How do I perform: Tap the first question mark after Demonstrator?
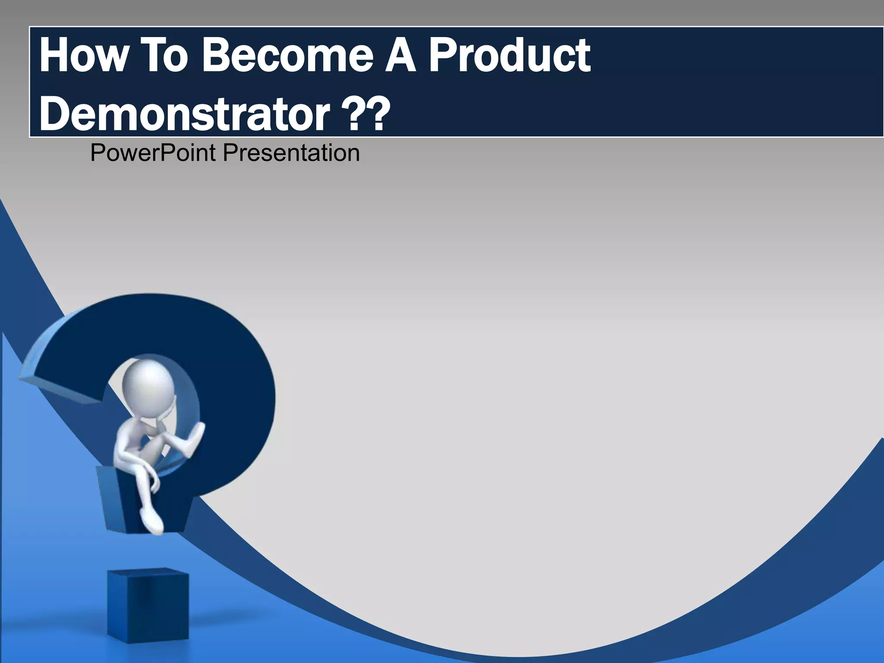click(352, 114)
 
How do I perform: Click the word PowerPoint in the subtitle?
click(153, 153)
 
